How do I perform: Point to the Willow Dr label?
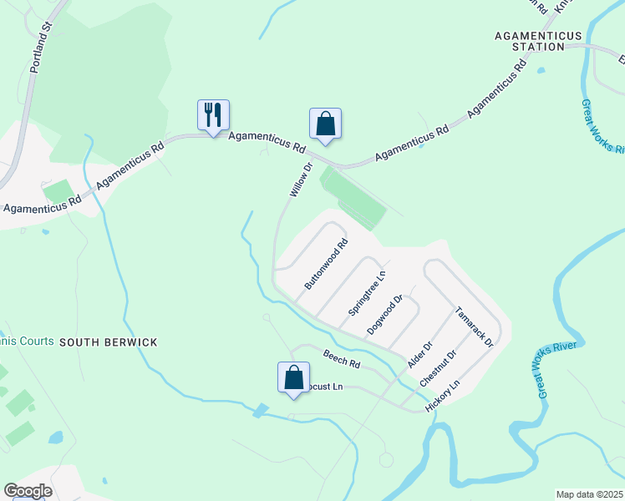coord(300,180)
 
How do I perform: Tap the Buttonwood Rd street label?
coord(326,265)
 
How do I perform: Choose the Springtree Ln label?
coord(367,293)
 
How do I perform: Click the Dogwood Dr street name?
coord(385,315)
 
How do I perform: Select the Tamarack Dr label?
coord(475,326)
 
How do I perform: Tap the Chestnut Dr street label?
coord(439,367)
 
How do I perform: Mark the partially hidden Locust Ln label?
coord(326,387)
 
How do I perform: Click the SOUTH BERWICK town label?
coord(108,342)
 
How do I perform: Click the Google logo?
coord(28,490)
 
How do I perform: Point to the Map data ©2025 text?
coord(589,493)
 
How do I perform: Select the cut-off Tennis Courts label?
coord(27,341)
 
